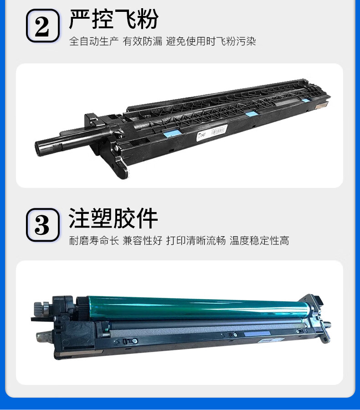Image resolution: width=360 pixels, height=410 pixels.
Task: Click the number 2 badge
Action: point(42,26)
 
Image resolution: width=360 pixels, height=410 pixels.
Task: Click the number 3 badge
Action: point(42,225)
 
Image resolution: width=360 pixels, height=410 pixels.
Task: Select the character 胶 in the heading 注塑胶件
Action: point(124,218)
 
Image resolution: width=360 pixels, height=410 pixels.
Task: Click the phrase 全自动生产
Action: point(94,42)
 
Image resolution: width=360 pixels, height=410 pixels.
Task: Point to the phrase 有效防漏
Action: point(142,42)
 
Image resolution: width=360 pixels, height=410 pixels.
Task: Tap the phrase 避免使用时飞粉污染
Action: point(211,42)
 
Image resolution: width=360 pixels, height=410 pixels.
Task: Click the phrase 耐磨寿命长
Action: point(94,240)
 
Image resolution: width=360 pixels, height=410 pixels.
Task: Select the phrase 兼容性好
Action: point(142,240)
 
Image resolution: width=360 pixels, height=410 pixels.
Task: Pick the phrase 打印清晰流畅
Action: point(196,240)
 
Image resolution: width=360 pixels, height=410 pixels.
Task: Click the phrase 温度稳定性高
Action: point(259,240)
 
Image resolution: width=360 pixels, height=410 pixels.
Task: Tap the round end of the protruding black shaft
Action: point(40,148)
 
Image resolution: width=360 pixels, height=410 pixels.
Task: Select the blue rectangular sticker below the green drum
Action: point(257,333)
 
